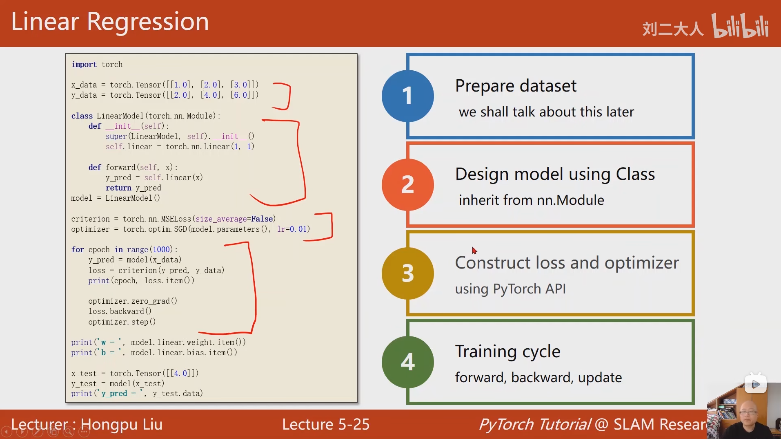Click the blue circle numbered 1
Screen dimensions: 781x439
click(407, 96)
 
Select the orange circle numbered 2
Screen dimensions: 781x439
click(407, 184)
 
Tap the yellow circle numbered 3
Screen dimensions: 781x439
click(407, 273)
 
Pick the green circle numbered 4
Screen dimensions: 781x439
click(407, 362)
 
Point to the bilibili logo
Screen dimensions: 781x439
click(740, 26)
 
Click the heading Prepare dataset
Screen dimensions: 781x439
click(516, 86)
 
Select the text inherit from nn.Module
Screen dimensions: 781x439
click(531, 200)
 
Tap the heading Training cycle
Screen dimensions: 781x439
click(507, 351)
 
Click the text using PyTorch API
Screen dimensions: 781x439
click(510, 289)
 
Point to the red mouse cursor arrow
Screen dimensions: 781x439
click(474, 250)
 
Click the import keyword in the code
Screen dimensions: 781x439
click(84, 65)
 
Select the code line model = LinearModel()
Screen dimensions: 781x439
click(116, 198)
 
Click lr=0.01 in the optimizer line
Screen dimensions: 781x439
click(292, 229)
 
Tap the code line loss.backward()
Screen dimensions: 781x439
click(120, 311)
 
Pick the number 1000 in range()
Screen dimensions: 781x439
click(161, 250)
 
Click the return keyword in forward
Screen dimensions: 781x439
click(118, 188)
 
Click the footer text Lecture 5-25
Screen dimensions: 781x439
click(325, 424)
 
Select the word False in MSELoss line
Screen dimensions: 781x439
click(262, 219)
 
